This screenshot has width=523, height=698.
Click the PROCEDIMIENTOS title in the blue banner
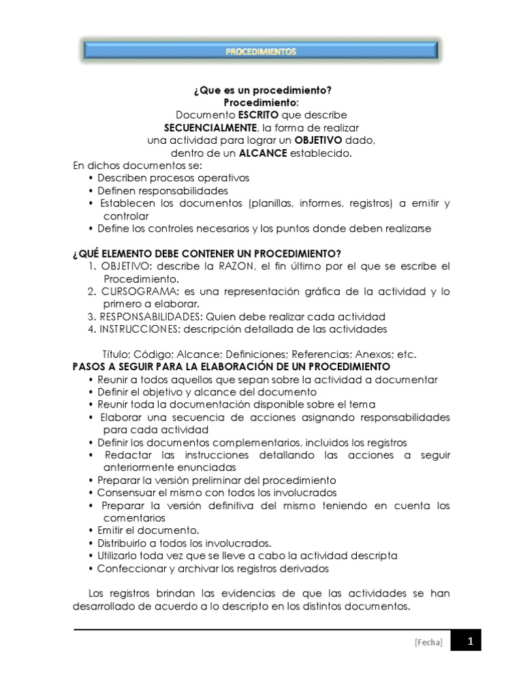pyautogui.click(x=261, y=51)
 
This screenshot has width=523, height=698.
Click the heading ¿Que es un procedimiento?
pyautogui.click(x=261, y=90)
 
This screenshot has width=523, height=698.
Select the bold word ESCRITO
pyautogui.click(x=258, y=115)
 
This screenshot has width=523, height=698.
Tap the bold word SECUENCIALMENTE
pyautogui.click(x=211, y=127)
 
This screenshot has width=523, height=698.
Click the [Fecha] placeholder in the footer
pyautogui.click(x=428, y=642)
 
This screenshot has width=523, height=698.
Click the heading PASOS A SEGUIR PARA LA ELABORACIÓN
pyautogui.click(x=231, y=367)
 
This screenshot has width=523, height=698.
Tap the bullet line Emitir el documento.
pyautogui.click(x=148, y=530)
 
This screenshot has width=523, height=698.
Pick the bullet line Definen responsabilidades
pyautogui.click(x=162, y=191)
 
